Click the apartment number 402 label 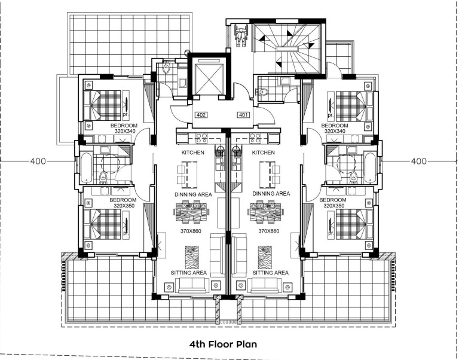point(201,115)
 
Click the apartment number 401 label point(244,115)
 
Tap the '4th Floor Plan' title point(223,344)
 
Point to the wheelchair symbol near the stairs point(241,35)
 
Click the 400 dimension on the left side point(38,161)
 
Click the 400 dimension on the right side point(419,161)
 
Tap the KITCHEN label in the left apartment point(193,152)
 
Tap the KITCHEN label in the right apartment point(264,152)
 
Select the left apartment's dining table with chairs point(191,212)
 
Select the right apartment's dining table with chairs point(265,212)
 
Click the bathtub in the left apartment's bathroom point(86,167)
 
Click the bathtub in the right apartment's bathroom point(371,167)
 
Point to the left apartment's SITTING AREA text point(189,273)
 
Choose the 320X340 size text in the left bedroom point(125,131)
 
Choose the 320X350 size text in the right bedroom point(333,206)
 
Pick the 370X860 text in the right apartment point(269,231)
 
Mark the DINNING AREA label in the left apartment point(193,194)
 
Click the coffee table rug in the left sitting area point(192,257)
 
